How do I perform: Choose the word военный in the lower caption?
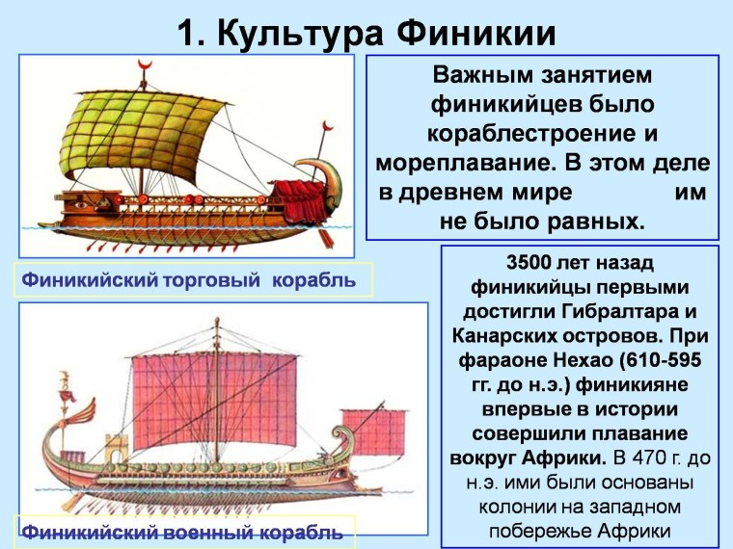[x=218, y=531]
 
